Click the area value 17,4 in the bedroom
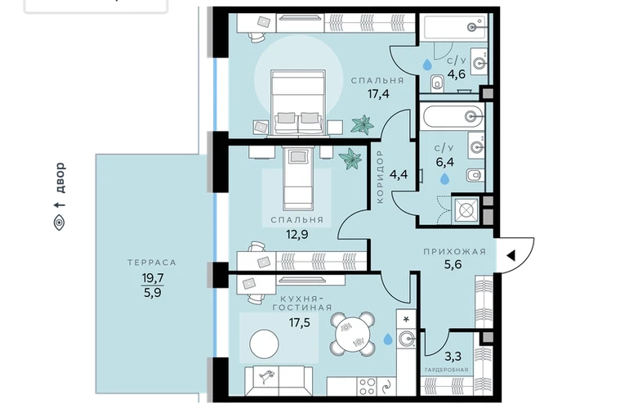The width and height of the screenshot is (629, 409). (378, 94)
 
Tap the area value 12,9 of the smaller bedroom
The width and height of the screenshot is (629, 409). (297, 234)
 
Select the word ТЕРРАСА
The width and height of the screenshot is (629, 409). (152, 263)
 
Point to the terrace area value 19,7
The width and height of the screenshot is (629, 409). (153, 277)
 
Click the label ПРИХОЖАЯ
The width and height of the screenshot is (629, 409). (454, 252)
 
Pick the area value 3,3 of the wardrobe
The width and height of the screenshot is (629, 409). (453, 356)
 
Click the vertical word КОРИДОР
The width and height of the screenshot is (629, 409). (381, 177)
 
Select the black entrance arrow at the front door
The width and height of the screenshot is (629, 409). (511, 255)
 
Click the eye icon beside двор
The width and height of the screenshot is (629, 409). (59, 222)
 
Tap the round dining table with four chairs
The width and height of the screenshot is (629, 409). (353, 335)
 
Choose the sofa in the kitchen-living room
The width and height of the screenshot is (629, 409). (279, 381)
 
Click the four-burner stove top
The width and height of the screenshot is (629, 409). (367, 386)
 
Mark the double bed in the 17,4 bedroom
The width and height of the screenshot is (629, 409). (297, 102)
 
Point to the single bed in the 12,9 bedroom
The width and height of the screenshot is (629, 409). (297, 179)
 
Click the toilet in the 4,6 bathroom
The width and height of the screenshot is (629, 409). (437, 83)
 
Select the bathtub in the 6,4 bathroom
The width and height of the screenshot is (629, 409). (453, 116)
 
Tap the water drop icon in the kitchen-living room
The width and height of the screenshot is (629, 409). (388, 339)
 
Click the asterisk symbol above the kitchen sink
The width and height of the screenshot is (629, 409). (406, 319)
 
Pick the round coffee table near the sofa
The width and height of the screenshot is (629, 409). (264, 344)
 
